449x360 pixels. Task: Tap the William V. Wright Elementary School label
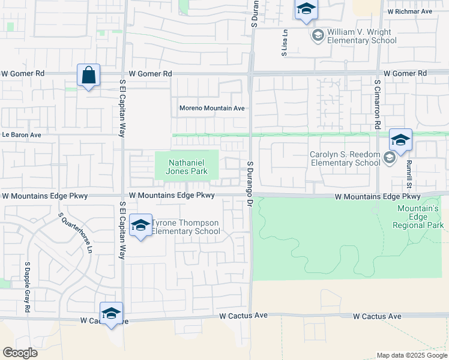click(x=361, y=36)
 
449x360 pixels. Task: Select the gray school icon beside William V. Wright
click(x=318, y=37)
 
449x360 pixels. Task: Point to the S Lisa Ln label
click(x=285, y=43)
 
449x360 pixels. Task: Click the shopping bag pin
click(x=88, y=76)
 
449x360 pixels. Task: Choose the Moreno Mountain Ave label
click(x=212, y=109)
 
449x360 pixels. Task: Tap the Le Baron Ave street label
click(x=21, y=135)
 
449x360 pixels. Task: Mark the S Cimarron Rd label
click(x=378, y=106)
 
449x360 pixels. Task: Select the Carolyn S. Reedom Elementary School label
click(x=345, y=158)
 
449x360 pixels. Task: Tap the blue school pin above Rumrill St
click(x=400, y=141)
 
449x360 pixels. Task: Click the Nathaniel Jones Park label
click(x=188, y=167)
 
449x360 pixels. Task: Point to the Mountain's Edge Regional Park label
click(x=418, y=217)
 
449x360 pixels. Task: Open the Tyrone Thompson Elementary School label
click(x=185, y=227)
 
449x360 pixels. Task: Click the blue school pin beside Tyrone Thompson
click(x=140, y=226)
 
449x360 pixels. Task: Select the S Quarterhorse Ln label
click(x=75, y=232)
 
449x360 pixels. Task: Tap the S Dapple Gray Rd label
click(x=27, y=287)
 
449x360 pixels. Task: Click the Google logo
click(x=20, y=353)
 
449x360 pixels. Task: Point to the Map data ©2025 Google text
click(x=412, y=355)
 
